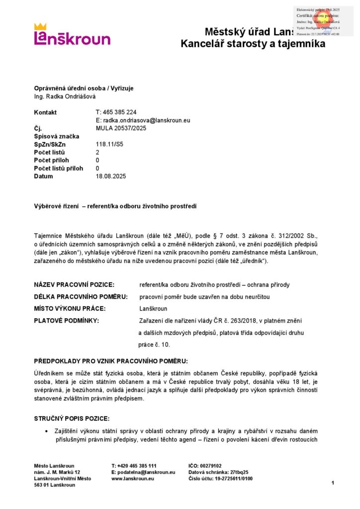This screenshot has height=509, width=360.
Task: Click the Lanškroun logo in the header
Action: click(72, 35)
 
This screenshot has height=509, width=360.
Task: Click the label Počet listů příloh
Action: click(59, 169)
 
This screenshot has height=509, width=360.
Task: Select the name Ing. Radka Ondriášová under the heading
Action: click(65, 96)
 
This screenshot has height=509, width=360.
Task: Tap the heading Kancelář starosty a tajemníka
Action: click(253, 44)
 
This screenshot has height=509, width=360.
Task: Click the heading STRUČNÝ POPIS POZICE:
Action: click(72, 419)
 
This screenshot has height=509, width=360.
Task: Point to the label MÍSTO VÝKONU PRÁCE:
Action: click(70, 309)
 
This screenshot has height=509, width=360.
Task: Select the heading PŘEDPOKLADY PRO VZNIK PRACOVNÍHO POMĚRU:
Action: click(111, 360)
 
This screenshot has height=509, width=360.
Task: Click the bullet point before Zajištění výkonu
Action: click(47, 431)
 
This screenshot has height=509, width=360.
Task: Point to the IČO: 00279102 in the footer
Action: click(205, 466)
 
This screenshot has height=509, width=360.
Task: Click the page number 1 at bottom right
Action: click(333, 483)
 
